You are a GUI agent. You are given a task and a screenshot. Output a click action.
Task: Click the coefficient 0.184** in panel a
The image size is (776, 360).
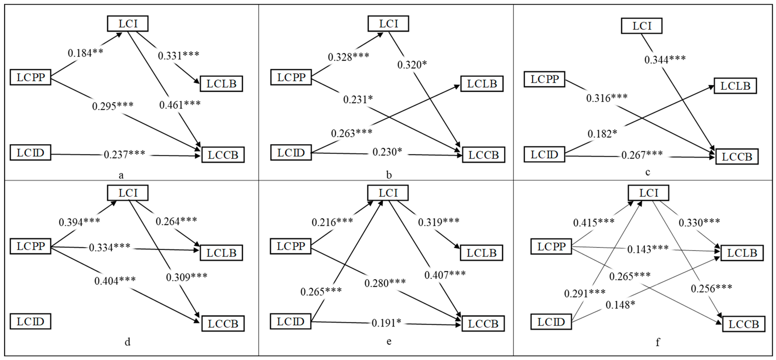(x=85, y=53)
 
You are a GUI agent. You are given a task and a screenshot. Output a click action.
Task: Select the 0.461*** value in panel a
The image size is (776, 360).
(x=180, y=105)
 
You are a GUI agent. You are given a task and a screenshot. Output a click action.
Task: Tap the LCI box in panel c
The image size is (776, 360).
(x=642, y=26)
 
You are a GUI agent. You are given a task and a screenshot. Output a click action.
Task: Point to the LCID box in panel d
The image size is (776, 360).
(x=30, y=321)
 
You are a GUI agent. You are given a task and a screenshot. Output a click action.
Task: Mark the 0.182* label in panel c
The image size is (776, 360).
(x=602, y=133)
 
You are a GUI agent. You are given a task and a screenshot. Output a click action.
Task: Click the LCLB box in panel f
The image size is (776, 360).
(x=742, y=253)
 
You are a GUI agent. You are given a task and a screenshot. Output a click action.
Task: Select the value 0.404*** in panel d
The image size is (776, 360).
(x=115, y=281)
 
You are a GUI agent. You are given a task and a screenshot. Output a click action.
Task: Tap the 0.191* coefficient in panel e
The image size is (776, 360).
(x=386, y=323)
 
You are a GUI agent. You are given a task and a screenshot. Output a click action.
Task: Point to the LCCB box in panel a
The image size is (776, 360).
(x=223, y=155)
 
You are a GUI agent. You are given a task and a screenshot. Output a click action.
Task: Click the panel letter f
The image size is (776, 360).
(x=658, y=342)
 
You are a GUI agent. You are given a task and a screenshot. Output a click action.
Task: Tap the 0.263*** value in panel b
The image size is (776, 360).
(x=351, y=133)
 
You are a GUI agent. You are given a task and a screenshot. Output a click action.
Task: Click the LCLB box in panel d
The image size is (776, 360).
(x=221, y=253)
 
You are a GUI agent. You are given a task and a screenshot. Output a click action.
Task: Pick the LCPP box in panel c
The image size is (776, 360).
(x=545, y=80)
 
